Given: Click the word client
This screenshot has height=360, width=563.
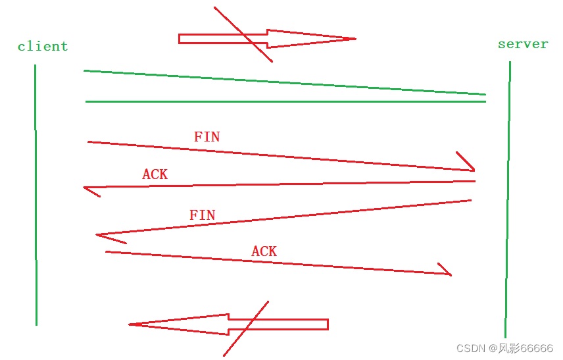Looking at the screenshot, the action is [43, 47].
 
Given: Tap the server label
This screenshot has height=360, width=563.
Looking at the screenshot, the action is [523, 44].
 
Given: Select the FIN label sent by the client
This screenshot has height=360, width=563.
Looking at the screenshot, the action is [207, 137].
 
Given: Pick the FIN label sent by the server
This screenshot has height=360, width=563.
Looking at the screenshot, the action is [202, 215].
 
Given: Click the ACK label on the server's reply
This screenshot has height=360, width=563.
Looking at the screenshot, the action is [155, 174].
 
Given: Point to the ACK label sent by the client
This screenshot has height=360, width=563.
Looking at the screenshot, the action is [264, 251].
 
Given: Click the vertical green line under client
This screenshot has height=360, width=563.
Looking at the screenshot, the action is [36, 197].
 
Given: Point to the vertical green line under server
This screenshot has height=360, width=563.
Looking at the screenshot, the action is [507, 197].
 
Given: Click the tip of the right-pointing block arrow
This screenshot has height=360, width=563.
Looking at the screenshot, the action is [354, 39].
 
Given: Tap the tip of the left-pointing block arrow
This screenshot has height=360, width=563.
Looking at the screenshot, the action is [131, 324].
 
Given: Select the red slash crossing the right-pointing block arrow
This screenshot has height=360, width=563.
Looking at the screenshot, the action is [243, 35].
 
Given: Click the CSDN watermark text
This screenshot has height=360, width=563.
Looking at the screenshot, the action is [471, 348].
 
